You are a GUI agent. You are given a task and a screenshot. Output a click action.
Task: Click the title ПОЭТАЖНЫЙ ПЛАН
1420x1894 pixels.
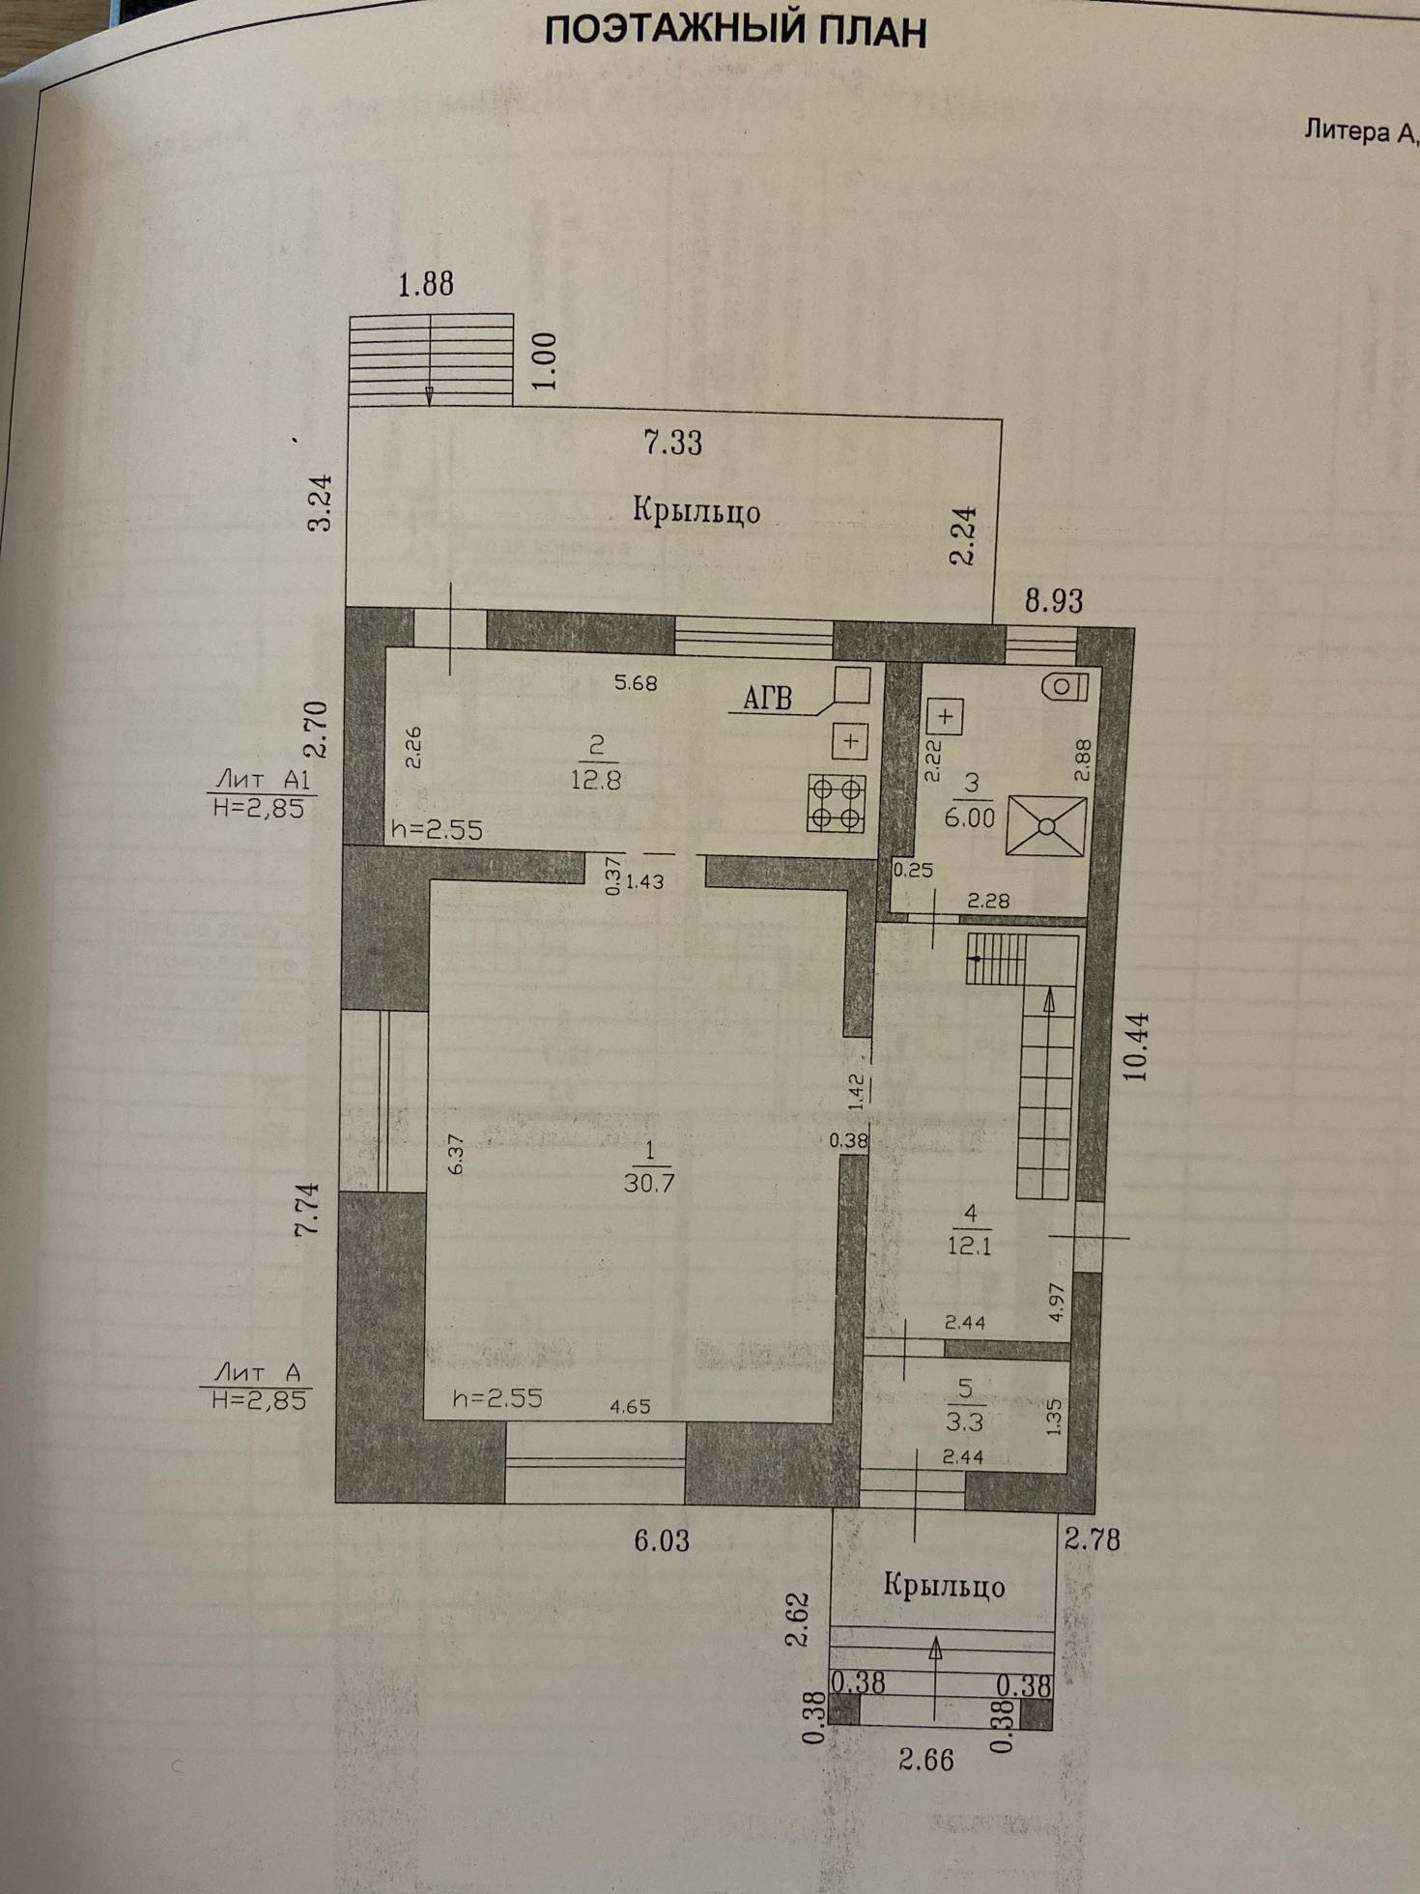[735, 31]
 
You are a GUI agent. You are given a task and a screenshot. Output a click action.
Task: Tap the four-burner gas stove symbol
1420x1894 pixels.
[837, 803]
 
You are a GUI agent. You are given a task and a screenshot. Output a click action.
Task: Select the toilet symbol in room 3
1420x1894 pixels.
[1065, 686]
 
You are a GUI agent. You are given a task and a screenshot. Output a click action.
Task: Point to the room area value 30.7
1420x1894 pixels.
[648, 1182]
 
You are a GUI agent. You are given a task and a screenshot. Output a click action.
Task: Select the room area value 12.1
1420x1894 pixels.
[969, 1246]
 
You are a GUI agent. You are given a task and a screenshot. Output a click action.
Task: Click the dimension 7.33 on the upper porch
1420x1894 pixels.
[673, 444]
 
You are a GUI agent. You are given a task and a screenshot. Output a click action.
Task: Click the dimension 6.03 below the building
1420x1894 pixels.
[662, 1540]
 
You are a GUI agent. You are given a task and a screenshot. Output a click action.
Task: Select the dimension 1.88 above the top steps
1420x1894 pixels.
[426, 284]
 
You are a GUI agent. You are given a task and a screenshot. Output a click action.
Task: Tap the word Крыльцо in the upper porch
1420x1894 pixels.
[696, 510]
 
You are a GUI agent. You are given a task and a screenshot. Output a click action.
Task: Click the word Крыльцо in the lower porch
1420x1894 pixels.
[944, 1586]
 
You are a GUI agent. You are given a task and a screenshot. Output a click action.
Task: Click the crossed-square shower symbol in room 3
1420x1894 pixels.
[1045, 825]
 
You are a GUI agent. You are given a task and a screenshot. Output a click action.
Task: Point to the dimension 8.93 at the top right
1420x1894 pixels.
[1054, 601]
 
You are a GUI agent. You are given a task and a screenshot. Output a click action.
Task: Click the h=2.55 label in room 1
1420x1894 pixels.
[497, 1398]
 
